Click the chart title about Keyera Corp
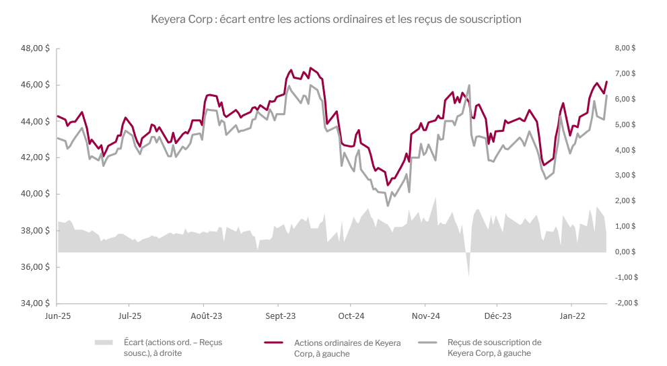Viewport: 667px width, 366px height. click(x=337, y=20)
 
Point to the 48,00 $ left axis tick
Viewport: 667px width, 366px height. click(x=36, y=48)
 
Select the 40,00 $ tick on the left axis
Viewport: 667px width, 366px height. click(x=36, y=194)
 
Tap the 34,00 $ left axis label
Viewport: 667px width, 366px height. click(x=36, y=303)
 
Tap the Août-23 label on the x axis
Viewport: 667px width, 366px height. click(x=206, y=316)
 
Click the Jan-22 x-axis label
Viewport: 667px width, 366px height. click(x=571, y=316)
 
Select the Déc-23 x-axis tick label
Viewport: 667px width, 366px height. click(x=498, y=316)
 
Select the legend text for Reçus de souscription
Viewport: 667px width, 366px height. click(x=494, y=347)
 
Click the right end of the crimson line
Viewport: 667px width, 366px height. click(x=607, y=82)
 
